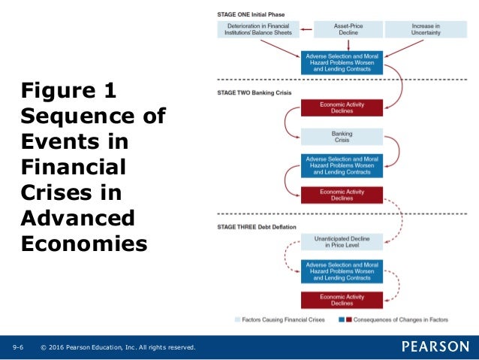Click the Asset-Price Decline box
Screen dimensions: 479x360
342,29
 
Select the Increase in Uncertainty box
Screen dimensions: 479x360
426,29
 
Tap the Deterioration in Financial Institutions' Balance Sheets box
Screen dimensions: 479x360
258,29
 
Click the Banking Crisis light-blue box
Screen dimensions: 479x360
342,138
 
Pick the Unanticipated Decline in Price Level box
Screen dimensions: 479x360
342,241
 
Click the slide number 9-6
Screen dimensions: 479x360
18,347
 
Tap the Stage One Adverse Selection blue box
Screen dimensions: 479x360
342,62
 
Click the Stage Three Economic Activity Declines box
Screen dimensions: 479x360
342,299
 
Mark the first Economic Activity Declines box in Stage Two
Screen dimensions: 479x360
342,107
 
